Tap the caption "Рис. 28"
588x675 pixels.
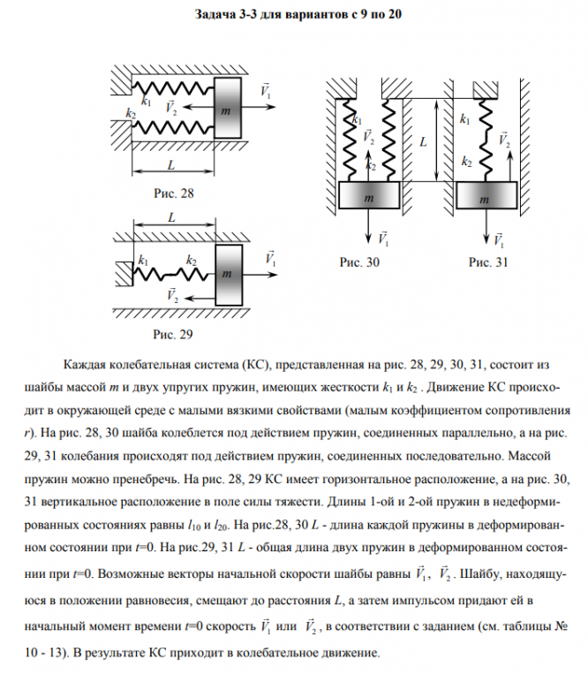[x=172, y=192]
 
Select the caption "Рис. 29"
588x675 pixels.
[x=172, y=335]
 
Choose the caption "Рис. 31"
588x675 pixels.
[x=488, y=262]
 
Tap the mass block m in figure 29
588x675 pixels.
[x=228, y=275]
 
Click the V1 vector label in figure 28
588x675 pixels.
[x=266, y=90]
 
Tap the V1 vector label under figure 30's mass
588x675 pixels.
[x=382, y=238]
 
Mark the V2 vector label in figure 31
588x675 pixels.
[x=502, y=140]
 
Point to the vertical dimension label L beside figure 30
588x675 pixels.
[x=424, y=140]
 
